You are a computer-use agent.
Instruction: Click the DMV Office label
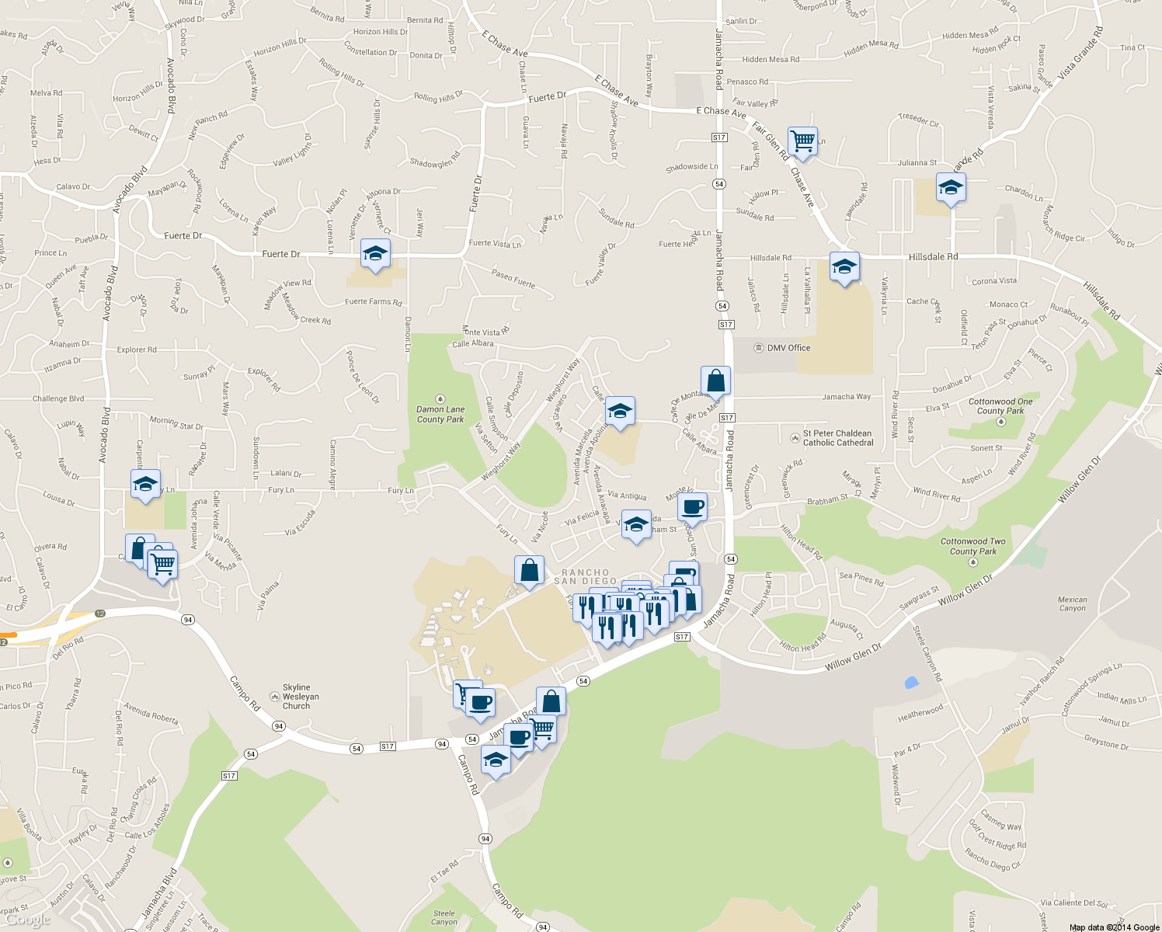[x=788, y=348]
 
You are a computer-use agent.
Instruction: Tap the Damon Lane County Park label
[x=440, y=414]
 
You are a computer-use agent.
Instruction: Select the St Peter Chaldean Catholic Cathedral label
[x=837, y=438]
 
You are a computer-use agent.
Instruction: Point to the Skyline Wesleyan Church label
[x=296, y=697]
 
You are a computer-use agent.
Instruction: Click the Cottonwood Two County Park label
[x=972, y=546]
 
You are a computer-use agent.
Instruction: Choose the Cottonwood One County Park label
[x=1000, y=406]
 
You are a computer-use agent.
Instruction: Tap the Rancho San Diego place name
[x=586, y=577]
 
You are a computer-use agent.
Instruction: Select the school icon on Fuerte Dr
[x=375, y=254]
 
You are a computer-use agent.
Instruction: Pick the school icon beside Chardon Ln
[x=951, y=188]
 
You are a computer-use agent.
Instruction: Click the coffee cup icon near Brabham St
[x=692, y=507]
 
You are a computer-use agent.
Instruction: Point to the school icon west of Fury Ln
[x=145, y=485]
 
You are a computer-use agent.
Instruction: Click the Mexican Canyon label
[x=1073, y=603]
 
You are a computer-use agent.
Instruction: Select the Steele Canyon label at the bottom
[x=444, y=918]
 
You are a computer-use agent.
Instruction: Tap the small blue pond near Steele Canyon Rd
[x=911, y=683]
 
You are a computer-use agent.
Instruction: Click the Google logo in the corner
[x=28, y=920]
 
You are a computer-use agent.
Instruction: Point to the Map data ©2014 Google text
[x=1114, y=927]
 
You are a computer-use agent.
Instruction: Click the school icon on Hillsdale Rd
[x=844, y=267]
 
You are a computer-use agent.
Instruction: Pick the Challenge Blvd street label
[x=58, y=398]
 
